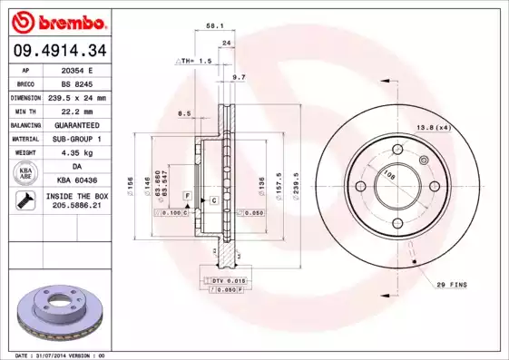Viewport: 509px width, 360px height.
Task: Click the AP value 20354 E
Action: pyautogui.click(x=77, y=69)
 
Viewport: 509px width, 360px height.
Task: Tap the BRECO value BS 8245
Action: pyautogui.click(x=77, y=83)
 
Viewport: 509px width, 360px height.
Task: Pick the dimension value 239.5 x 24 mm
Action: pyautogui.click(x=77, y=96)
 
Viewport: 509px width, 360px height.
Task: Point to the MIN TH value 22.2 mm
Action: pyautogui.click(x=77, y=110)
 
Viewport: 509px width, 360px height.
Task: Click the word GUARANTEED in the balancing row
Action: pyautogui.click(x=77, y=124)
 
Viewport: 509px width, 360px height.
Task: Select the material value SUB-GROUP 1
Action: pyautogui.click(x=77, y=138)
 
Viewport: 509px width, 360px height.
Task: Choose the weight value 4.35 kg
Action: pyautogui.click(x=77, y=152)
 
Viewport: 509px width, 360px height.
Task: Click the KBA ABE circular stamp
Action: pyautogui.click(x=24, y=174)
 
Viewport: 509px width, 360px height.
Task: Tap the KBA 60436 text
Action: pyautogui.click(x=77, y=180)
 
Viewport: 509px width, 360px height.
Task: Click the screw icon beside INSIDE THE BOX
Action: pyautogui.click(x=24, y=200)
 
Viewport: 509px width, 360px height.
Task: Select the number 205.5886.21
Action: pyautogui.click(x=77, y=206)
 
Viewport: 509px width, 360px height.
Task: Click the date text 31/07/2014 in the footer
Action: pyautogui.click(x=62, y=355)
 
